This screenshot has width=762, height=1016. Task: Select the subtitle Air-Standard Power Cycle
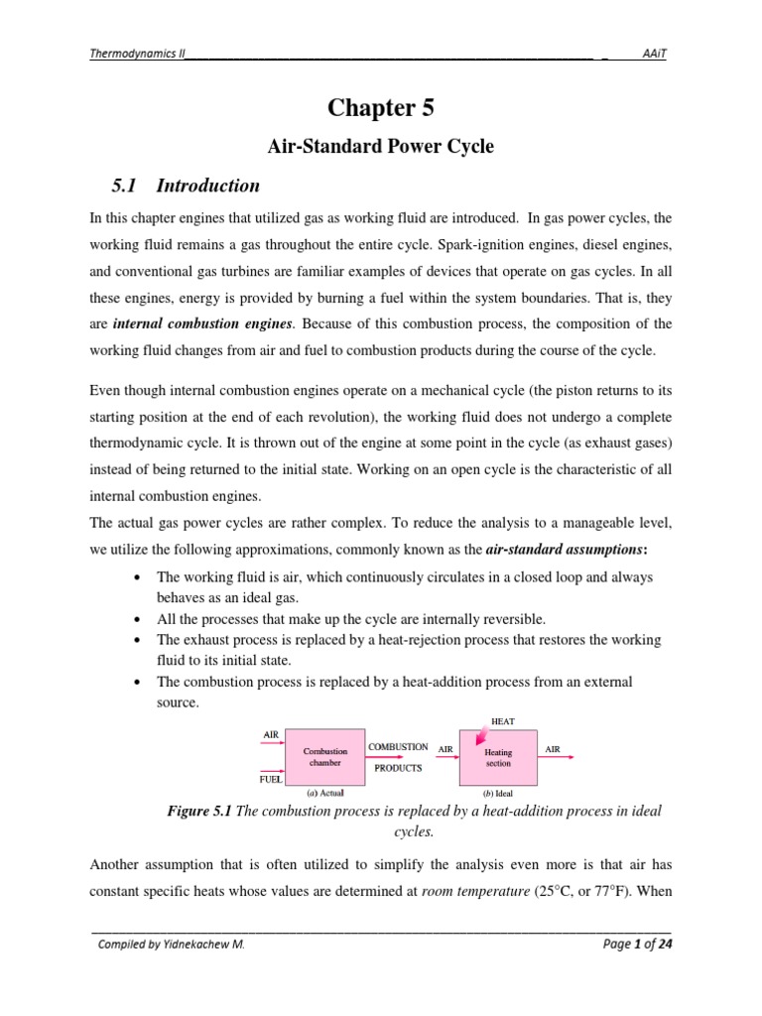[x=381, y=147]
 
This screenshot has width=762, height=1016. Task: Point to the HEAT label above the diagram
[x=503, y=720]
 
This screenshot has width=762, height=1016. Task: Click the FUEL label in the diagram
[x=272, y=780]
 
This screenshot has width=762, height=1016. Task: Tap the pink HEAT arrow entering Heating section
[x=483, y=735]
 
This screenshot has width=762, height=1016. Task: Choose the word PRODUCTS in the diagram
[x=398, y=768]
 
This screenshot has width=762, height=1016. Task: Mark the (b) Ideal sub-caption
[x=498, y=794]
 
